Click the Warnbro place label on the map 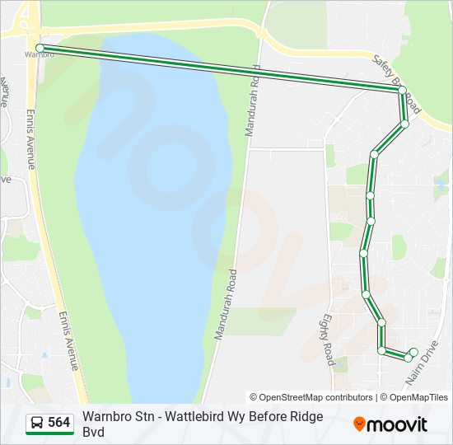pyautogui.click(x=40, y=55)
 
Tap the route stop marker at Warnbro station pyautogui.click(x=40, y=48)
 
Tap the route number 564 pyautogui.click(x=59, y=423)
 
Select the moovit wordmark pyautogui.click(x=398, y=424)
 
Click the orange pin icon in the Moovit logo pyautogui.click(x=359, y=424)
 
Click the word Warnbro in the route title pyautogui.click(x=108, y=416)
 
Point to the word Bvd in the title pyautogui.click(x=95, y=432)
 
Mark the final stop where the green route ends pyautogui.click(x=413, y=352)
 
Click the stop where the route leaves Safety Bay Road pyautogui.click(x=403, y=89)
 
